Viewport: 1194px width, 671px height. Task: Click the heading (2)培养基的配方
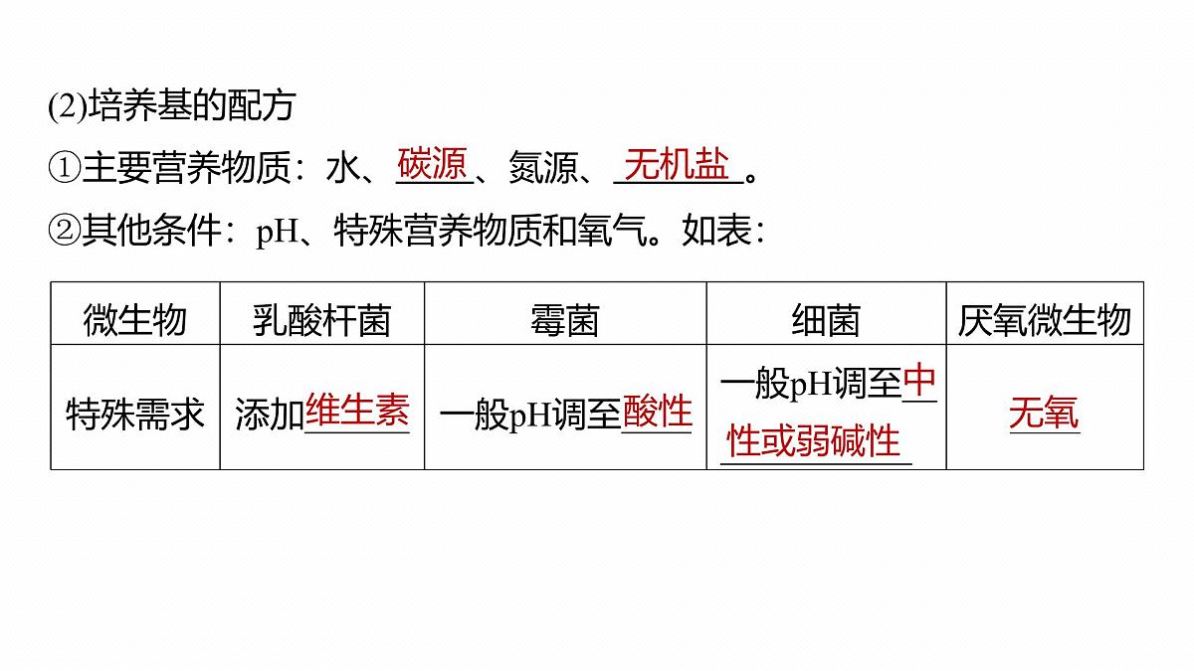pos(171,106)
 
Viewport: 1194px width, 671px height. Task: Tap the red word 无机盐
pos(677,164)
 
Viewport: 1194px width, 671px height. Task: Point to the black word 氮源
pos(543,167)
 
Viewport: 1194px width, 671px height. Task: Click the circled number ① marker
pos(65,167)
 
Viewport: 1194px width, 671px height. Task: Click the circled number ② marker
pos(65,231)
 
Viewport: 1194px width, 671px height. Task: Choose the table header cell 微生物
pos(134,320)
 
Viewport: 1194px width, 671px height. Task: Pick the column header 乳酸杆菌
pos(321,320)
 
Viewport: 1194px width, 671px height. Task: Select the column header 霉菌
pos(564,320)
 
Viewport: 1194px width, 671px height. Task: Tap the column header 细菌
pos(826,320)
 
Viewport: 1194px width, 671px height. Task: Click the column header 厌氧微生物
pos(1044,320)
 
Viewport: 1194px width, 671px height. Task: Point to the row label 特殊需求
pos(135,414)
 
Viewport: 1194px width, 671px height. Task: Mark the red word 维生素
pos(357,410)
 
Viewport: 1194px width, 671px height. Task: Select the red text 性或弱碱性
pos(814,441)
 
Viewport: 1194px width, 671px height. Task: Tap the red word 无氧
pos(1044,413)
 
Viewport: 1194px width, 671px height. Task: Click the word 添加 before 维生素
pos(270,414)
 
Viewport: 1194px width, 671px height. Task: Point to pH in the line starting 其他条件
pos(278,233)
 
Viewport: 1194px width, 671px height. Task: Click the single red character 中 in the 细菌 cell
pos(919,380)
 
